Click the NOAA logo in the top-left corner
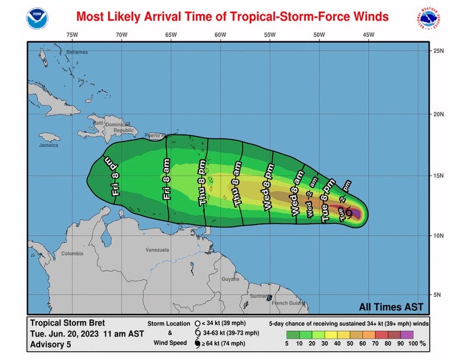tap(37, 18)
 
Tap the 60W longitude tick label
tap(220, 35)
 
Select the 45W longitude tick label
tap(369, 35)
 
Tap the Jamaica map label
tap(49, 144)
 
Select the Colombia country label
tap(72, 254)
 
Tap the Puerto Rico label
tap(155, 136)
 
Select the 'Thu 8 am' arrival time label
tap(237, 184)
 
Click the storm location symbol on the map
tap(349, 212)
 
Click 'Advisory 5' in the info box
tap(51, 343)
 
